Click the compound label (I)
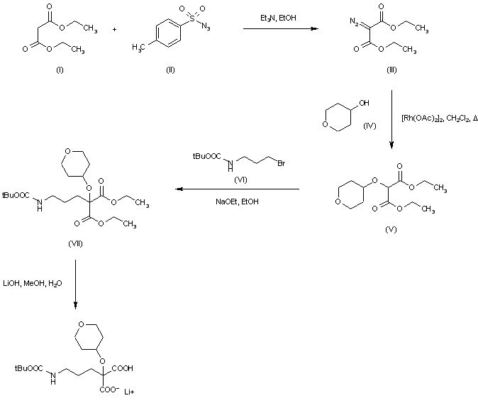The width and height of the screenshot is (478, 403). (59, 69)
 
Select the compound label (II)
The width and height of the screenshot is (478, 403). (169, 69)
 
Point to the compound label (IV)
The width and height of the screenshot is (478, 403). (369, 126)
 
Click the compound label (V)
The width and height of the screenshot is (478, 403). (391, 230)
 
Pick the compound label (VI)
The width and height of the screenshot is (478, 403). (240, 180)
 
